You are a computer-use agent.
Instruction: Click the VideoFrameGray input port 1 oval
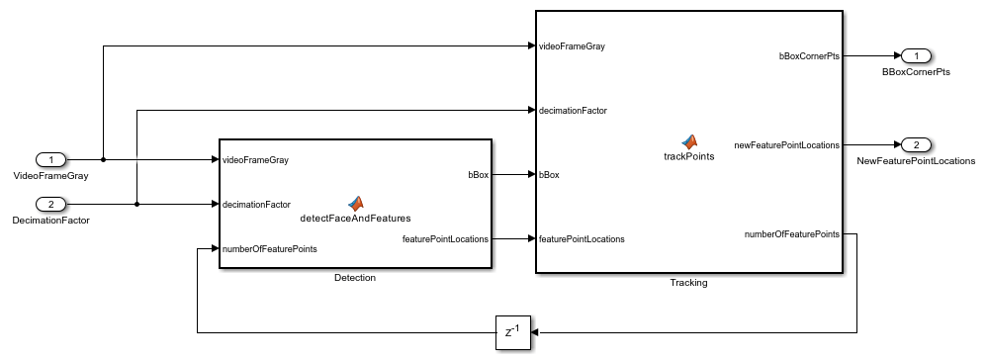tap(51, 159)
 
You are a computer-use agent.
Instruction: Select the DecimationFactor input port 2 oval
tap(51, 205)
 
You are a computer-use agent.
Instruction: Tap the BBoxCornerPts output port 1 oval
tap(916, 56)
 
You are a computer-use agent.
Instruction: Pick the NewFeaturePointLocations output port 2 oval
tap(916, 145)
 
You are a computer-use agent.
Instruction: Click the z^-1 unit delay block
tap(513, 332)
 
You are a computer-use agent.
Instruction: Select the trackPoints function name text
tap(688, 156)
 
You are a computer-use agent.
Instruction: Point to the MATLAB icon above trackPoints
tap(688, 141)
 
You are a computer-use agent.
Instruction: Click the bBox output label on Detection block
tap(476, 175)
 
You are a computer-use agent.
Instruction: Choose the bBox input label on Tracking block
tap(549, 175)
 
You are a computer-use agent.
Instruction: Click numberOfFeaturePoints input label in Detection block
tap(269, 249)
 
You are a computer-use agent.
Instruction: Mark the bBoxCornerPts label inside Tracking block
tap(809, 56)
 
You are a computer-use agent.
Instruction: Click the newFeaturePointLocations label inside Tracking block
tap(786, 145)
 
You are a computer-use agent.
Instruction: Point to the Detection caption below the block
tap(355, 278)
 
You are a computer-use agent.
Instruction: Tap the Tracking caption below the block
tap(688, 282)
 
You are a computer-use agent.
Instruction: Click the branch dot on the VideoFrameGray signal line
tap(103, 159)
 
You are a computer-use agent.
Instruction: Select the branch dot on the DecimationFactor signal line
tap(135, 205)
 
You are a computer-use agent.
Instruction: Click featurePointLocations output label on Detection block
tap(445, 238)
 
